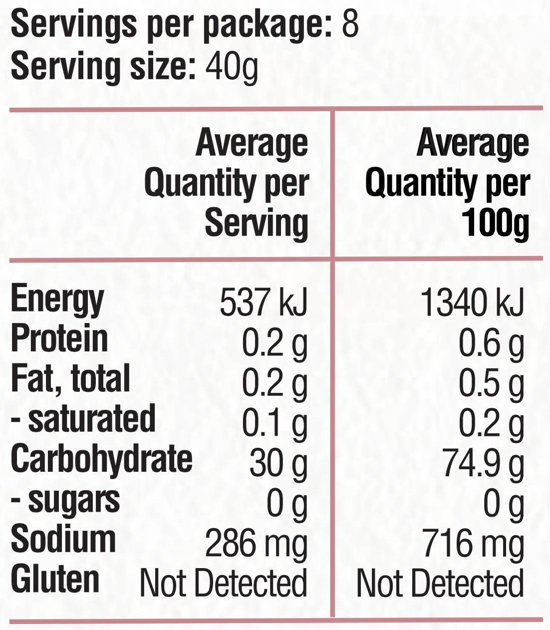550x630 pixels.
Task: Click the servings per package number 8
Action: tap(350, 23)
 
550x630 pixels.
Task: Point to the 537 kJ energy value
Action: tap(264, 303)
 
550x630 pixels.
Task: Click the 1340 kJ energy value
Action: tap(472, 303)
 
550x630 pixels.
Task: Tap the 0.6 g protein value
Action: tap(491, 343)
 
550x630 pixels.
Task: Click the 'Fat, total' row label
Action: tap(70, 378)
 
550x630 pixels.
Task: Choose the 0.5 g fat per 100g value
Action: tap(491, 383)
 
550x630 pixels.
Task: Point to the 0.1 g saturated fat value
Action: tap(275, 423)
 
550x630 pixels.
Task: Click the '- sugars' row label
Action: tap(65, 500)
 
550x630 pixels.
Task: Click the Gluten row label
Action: tap(55, 579)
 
